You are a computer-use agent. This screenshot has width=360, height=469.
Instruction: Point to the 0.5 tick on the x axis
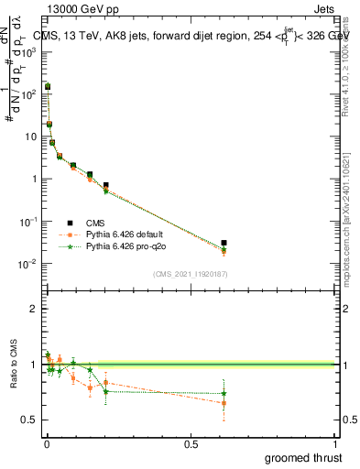[x=191, y=444]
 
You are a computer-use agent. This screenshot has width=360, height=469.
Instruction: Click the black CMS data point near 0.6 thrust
[x=224, y=243]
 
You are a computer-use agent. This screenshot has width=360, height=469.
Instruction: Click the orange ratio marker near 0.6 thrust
[x=224, y=403]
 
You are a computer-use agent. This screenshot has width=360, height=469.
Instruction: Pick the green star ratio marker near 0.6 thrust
[x=224, y=394]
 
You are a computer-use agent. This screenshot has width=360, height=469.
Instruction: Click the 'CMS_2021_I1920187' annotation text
[x=189, y=274]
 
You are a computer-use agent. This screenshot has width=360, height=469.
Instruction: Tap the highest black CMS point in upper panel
[x=48, y=86]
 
